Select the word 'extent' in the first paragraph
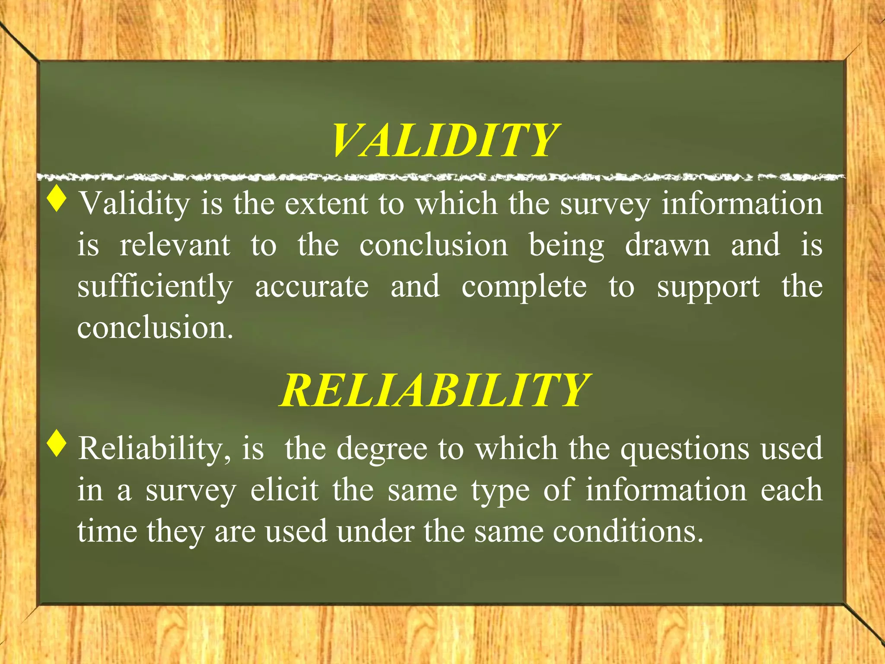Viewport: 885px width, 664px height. coord(326,203)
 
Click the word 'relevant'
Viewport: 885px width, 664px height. coord(175,245)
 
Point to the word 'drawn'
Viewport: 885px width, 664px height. coord(667,245)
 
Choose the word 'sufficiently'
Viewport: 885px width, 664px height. coord(155,287)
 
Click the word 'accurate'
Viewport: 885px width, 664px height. coord(312,286)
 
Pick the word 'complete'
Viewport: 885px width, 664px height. coord(524,287)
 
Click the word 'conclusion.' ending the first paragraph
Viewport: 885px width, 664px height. coord(155,327)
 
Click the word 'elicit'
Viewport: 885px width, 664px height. coord(284,490)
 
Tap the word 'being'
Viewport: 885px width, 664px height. coord(567,246)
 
